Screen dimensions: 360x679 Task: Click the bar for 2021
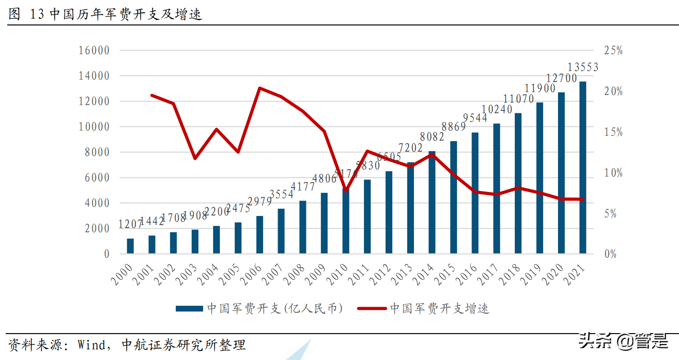[x=582, y=168]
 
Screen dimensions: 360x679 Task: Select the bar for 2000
[x=130, y=246]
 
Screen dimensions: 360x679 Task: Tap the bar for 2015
[x=453, y=197]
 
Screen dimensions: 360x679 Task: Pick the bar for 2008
[x=303, y=227]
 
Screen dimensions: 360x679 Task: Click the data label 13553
[x=583, y=68]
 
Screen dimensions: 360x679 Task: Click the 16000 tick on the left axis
[x=94, y=50]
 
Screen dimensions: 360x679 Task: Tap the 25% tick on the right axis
[x=613, y=50]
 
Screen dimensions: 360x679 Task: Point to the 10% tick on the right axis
[x=613, y=173]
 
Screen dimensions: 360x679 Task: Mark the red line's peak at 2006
[x=259, y=88]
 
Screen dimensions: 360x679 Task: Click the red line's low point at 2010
[x=346, y=191]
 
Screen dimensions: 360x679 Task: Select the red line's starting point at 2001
[x=152, y=95]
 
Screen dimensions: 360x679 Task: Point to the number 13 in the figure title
[x=36, y=14]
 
